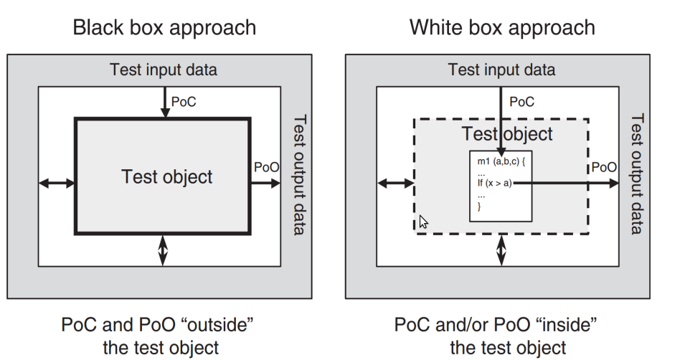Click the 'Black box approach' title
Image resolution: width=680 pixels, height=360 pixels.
[164, 27]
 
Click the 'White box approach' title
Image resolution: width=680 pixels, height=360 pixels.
[502, 27]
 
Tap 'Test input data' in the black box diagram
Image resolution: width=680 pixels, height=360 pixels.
[163, 70]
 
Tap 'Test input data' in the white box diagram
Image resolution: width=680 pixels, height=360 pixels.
[501, 70]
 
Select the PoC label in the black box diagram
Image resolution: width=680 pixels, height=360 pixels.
[184, 102]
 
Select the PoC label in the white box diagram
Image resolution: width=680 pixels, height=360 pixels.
[522, 102]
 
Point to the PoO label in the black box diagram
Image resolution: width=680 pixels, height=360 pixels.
[266, 167]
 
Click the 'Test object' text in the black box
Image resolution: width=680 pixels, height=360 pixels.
[167, 176]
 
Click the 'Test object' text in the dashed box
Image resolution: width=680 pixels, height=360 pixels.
[507, 133]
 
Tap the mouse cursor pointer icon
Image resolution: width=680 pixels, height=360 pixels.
[424, 222]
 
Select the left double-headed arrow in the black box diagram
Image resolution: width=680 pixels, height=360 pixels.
[57, 184]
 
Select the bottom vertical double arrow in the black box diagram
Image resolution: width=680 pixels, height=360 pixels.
[164, 251]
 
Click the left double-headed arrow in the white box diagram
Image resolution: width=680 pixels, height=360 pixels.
[395, 184]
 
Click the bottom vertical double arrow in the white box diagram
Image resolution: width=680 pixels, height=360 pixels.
[501, 251]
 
